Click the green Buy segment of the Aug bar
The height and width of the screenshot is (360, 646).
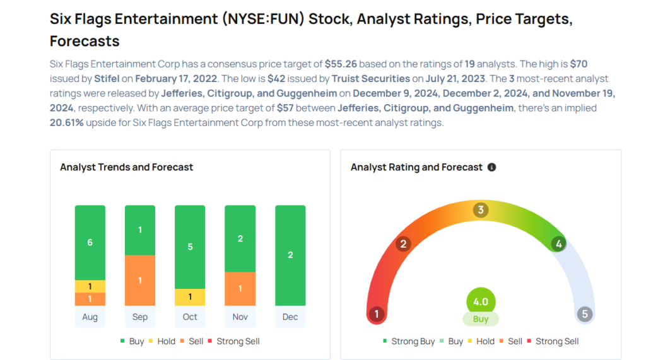point(90,243)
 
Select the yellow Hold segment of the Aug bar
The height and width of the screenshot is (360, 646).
point(90,286)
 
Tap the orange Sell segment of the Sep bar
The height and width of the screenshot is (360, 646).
point(140,280)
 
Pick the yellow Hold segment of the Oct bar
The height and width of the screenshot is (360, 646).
point(190,297)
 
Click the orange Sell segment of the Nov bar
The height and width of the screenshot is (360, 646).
point(240,288)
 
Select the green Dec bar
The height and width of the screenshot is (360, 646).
point(290,255)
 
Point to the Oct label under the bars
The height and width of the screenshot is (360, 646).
point(190,316)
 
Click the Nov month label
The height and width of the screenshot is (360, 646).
point(240,316)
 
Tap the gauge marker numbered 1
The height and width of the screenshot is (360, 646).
point(377,314)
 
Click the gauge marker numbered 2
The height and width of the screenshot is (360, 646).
point(404,244)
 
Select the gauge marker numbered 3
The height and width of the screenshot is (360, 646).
point(481,210)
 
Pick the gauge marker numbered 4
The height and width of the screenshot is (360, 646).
point(558,243)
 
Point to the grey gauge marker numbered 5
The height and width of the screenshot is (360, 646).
point(584,314)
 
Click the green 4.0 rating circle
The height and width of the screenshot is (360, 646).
point(481,301)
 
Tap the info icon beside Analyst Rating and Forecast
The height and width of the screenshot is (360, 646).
point(492,167)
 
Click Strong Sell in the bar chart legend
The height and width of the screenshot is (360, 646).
point(238,341)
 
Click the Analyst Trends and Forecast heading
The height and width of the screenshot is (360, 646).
point(126,167)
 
